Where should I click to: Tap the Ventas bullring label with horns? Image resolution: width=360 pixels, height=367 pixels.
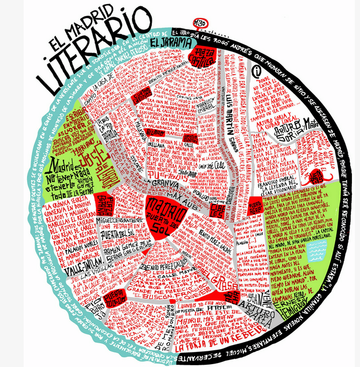pyautogui.click(x=320, y=173)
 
